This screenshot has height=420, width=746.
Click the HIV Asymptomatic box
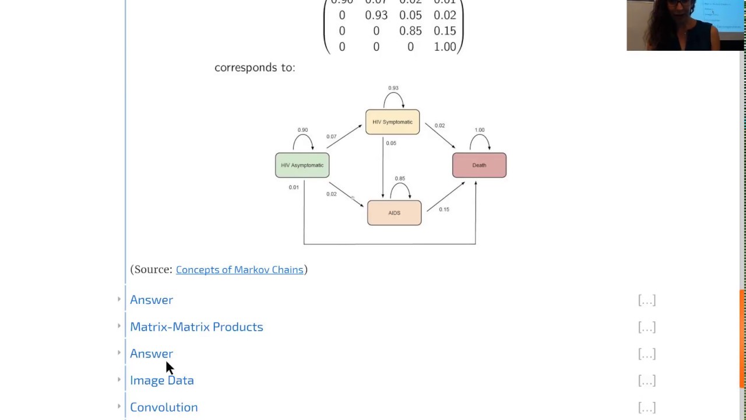(x=302, y=165)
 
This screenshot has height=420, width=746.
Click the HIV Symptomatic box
(x=392, y=122)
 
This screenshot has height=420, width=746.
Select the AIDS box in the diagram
(x=394, y=213)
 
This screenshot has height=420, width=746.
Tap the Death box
(x=479, y=165)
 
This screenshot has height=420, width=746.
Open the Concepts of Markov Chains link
(x=240, y=269)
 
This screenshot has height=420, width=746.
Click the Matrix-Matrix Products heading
(x=196, y=327)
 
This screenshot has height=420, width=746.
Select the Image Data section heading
(x=162, y=380)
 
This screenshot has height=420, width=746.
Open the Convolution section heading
(x=164, y=407)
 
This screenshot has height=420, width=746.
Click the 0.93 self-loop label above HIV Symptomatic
(x=393, y=88)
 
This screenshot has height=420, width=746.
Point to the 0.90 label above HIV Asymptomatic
(x=302, y=130)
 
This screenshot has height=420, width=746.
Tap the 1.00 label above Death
(x=479, y=130)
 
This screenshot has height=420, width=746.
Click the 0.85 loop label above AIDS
(x=400, y=178)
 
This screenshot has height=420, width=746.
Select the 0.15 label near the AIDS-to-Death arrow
(x=444, y=209)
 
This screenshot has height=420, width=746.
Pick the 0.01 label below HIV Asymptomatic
(x=294, y=187)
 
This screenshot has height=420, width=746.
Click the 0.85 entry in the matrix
(x=410, y=31)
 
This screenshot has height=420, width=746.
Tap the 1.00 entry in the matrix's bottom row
(x=445, y=47)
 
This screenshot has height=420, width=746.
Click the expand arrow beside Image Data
(x=119, y=380)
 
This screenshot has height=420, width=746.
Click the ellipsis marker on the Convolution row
(x=646, y=407)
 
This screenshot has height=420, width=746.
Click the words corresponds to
(x=255, y=68)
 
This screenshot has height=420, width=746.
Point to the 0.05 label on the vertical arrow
(x=391, y=143)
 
